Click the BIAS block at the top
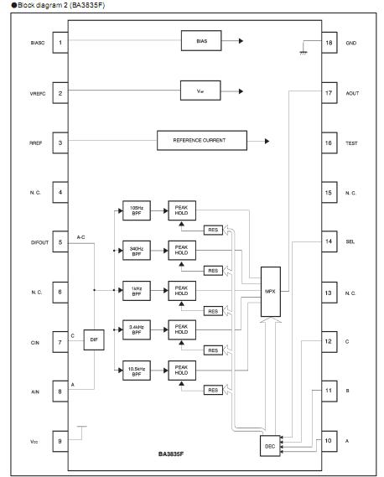coord(201,39)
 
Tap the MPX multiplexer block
coord(270,291)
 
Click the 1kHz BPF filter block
coord(135,291)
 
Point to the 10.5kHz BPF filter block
coord(135,370)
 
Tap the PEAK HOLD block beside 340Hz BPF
coord(180,251)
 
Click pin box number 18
coord(330,42)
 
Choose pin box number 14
coord(330,241)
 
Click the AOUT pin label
coord(352,92)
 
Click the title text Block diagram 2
coord(50,5)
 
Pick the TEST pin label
coord(352,143)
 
